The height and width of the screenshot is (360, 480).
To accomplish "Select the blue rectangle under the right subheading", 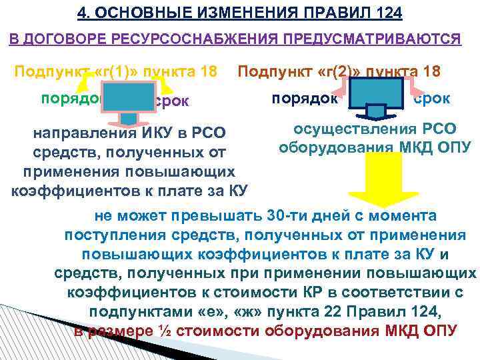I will coord(376,95).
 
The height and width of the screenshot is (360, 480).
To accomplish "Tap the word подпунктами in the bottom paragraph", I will coord(137,312).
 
